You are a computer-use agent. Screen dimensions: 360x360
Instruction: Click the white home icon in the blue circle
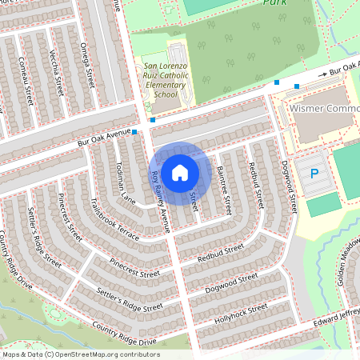pyautogui.click(x=180, y=172)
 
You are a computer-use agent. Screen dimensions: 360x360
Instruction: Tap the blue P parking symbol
pyautogui.click(x=314, y=174)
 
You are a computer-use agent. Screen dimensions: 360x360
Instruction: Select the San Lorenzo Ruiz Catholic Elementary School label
pyautogui.click(x=165, y=81)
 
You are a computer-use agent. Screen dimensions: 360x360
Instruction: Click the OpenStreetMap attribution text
pyautogui.click(x=92, y=354)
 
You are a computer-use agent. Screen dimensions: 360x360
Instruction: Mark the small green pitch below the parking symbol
pyautogui.click(x=323, y=204)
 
